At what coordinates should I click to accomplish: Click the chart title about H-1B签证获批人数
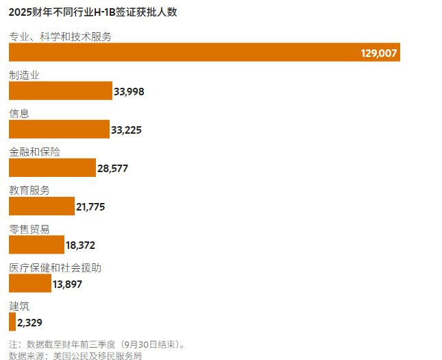pyautogui.click(x=93, y=12)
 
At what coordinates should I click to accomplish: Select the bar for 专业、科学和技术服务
pyautogui.click(x=204, y=52)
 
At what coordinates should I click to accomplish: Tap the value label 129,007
pyautogui.click(x=379, y=53)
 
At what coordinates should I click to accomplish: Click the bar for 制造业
pyautogui.click(x=60, y=91)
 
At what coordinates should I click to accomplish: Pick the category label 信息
pyautogui.click(x=19, y=113)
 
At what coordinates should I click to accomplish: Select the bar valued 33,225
pyautogui.click(x=59, y=130)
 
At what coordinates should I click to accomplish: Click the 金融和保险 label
pyautogui.click(x=34, y=152)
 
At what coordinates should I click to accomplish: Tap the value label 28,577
pyautogui.click(x=112, y=168)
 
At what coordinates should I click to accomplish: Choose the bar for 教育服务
pyautogui.click(x=41, y=206)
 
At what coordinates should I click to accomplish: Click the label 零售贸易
pyautogui.click(x=29, y=229)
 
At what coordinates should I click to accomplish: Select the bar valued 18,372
pyautogui.click(x=36, y=245)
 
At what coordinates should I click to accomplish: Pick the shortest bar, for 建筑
pyautogui.click(x=12, y=322)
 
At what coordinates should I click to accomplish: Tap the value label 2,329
pyautogui.click(x=30, y=322)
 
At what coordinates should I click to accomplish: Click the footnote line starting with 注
pyautogui.click(x=97, y=344)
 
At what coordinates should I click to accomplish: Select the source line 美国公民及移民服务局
pyautogui.click(x=75, y=355)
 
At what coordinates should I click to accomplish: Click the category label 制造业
pyautogui.click(x=24, y=75)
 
